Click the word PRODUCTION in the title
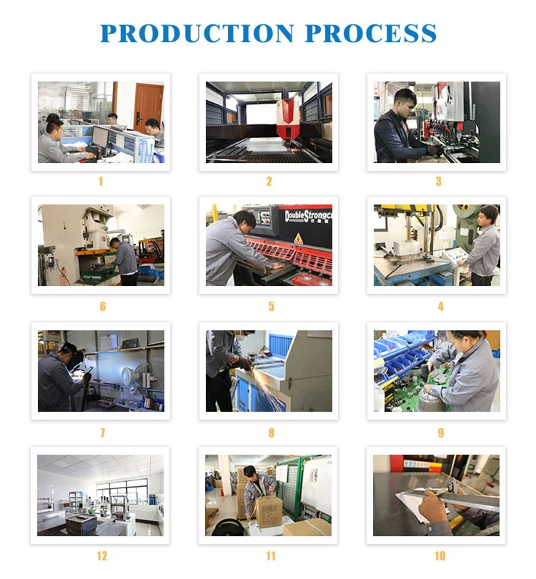(x=197, y=33)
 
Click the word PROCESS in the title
(x=371, y=33)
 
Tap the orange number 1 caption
(x=101, y=181)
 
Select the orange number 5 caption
(x=272, y=306)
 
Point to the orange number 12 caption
(x=102, y=555)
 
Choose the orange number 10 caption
(x=440, y=555)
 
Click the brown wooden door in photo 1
(x=148, y=107)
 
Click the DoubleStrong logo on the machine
(x=308, y=216)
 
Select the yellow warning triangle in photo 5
(x=298, y=239)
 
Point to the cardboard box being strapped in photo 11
(x=269, y=511)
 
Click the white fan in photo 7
(x=131, y=376)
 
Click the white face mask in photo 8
(x=242, y=337)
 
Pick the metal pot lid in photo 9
(x=431, y=399)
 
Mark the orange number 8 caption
(x=272, y=432)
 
